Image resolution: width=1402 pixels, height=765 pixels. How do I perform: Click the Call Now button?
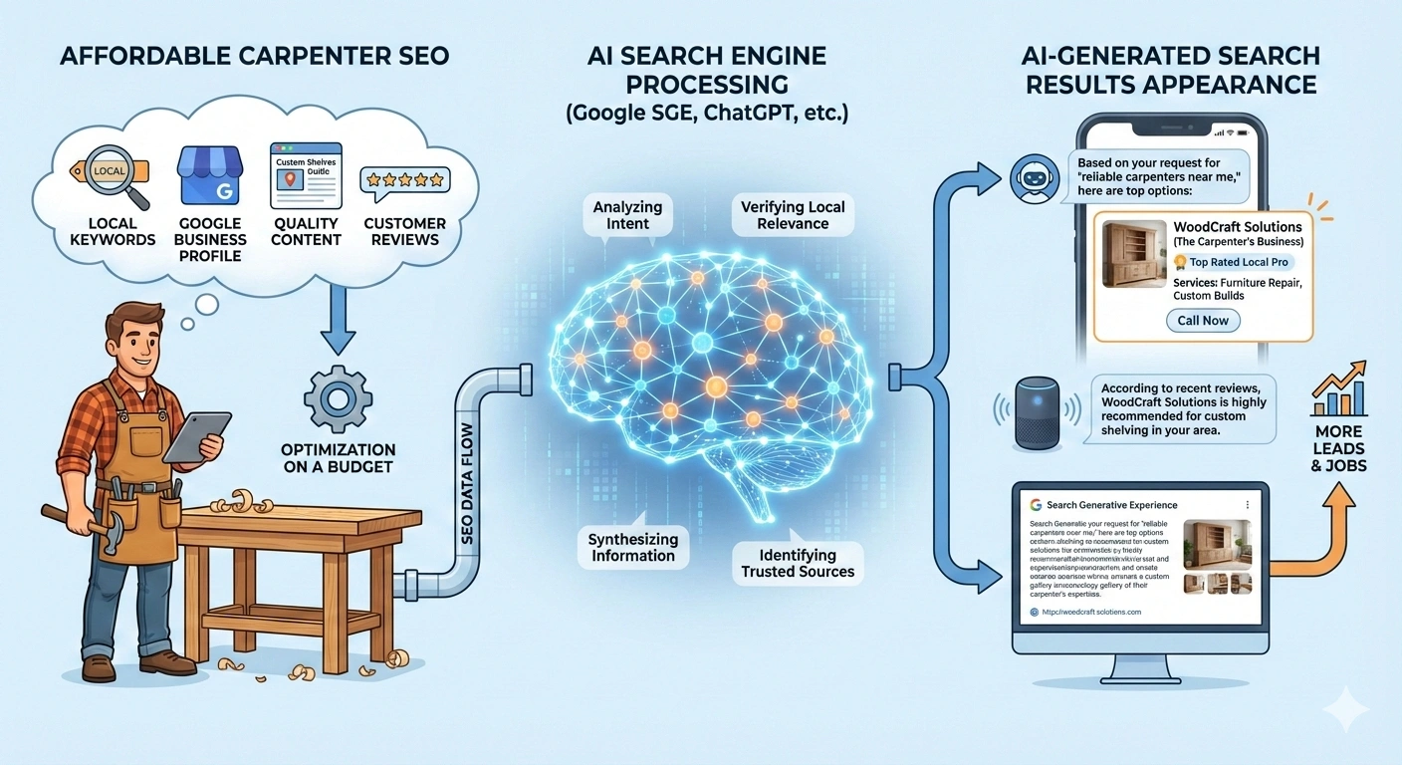click(x=1203, y=320)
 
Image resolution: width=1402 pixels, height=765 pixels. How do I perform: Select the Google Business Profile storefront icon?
click(x=208, y=176)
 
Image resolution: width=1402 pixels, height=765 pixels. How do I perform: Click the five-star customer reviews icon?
click(x=404, y=180)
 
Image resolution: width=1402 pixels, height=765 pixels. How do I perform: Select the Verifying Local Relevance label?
click(x=793, y=215)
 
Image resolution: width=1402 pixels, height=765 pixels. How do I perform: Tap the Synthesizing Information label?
click(x=633, y=547)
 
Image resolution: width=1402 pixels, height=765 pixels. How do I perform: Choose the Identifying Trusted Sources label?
click(x=798, y=563)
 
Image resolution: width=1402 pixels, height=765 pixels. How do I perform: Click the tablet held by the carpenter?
click(x=195, y=434)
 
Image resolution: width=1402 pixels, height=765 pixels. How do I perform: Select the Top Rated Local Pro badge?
click(x=1232, y=262)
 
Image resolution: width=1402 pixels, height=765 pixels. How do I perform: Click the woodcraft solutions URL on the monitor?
click(x=1090, y=612)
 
